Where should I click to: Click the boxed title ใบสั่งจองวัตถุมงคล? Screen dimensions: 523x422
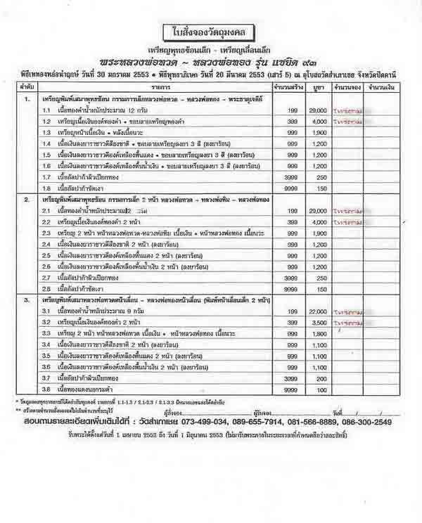coord(212,32)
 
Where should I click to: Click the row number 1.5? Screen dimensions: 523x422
coord(46,155)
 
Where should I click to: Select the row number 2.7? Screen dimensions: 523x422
coord(46,277)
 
